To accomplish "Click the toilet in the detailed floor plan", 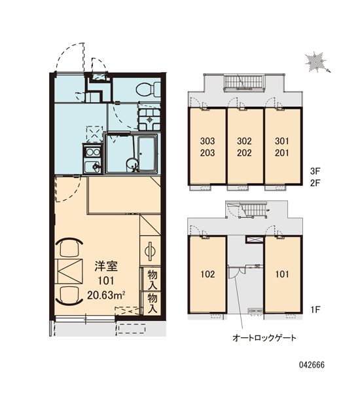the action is click(149, 89).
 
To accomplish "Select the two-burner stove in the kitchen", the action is click(93, 152).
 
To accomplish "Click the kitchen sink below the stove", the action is click(92, 166).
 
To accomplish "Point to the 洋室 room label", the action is click(106, 266).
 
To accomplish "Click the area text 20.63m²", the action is click(106, 295).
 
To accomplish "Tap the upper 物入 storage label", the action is click(152, 280).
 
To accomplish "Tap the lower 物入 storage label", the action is click(152, 303).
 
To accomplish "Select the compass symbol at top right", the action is click(317, 62).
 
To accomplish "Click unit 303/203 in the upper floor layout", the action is click(207, 147).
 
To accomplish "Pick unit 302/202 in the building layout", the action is click(245, 147).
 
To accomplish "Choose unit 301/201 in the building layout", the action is click(282, 147).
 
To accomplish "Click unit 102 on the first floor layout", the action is click(207, 274).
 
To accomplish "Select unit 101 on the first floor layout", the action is click(282, 274).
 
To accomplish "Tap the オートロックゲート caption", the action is click(264, 338).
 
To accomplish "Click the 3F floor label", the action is click(315, 171).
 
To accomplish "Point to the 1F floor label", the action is click(315, 310).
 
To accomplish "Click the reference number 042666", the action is click(312, 365).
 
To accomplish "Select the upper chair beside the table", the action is click(69, 247).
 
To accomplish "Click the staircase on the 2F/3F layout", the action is click(244, 82).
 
